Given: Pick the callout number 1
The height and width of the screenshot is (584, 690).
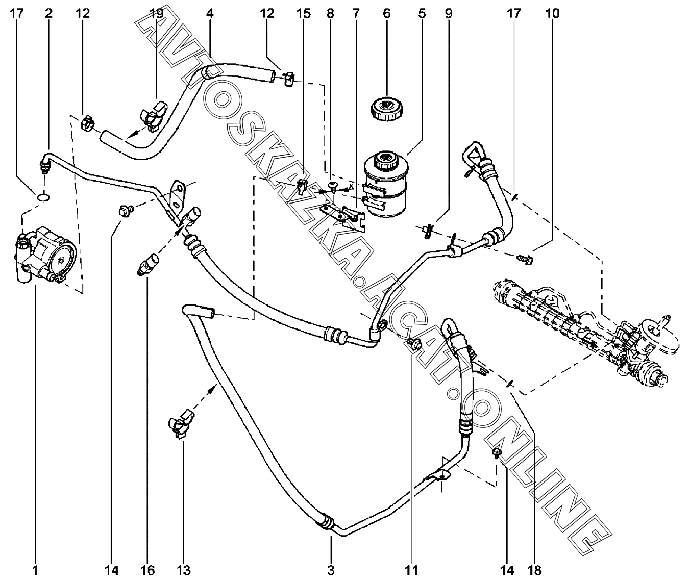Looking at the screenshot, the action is click(x=35, y=570).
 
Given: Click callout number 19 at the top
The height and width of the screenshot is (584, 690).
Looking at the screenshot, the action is click(x=156, y=14).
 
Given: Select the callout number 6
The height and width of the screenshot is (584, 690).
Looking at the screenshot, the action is click(x=386, y=14).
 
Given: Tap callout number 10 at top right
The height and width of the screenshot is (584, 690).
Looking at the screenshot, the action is click(x=552, y=14).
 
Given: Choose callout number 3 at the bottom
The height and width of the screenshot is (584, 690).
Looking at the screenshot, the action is click(x=331, y=570).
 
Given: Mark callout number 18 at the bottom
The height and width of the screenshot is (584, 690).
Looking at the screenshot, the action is click(x=535, y=570).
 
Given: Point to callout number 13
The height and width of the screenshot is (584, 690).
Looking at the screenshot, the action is click(x=183, y=570).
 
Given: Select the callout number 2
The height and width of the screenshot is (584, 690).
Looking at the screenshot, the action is click(x=48, y=14).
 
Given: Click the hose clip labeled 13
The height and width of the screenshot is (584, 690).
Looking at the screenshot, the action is click(x=181, y=424).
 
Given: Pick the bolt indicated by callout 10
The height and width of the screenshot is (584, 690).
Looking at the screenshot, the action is click(x=525, y=259).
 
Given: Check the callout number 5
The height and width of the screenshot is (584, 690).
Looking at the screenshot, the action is click(x=422, y=14).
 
